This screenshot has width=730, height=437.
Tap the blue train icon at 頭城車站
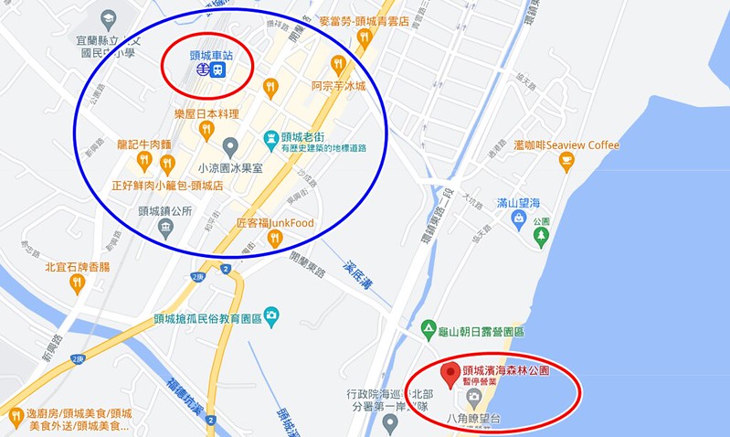[219, 70]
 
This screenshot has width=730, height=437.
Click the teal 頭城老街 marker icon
[270, 140]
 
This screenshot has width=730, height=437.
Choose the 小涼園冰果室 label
[230, 168]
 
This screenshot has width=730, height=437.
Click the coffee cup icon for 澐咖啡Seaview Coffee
[566, 163]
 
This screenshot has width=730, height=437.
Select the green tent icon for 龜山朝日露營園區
[428, 327]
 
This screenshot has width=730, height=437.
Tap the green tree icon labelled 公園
[542, 238]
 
